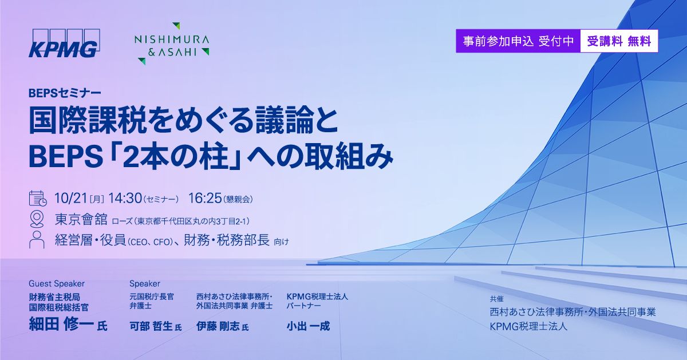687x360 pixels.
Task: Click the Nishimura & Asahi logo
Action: click(171, 43)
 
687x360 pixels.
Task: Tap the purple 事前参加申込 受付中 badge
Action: click(518, 41)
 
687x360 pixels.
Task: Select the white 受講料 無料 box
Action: click(619, 41)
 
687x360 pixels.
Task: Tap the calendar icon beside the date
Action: click(38, 198)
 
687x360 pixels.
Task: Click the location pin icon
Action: click(38, 219)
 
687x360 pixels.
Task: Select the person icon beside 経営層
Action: click(38, 240)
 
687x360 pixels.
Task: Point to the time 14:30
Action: click(125, 199)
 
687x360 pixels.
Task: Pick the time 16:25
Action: click(204, 199)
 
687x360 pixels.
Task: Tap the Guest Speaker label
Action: click(57, 283)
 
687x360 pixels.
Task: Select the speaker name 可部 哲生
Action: click(151, 326)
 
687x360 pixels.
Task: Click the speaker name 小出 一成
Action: click(308, 326)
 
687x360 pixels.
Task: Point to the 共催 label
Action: click(496, 298)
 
